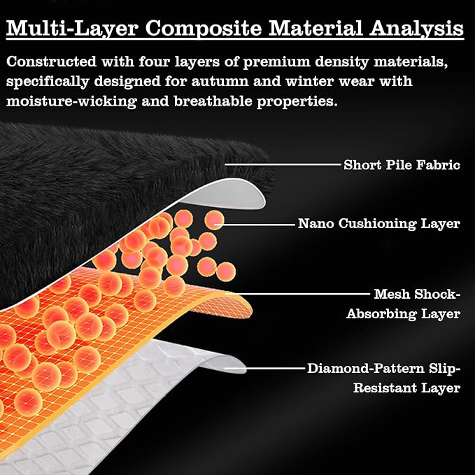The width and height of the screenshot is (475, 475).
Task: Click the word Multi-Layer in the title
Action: click(72, 28)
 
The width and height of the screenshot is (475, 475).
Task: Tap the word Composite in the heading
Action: click(204, 29)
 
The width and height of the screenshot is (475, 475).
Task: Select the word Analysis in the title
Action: click(416, 29)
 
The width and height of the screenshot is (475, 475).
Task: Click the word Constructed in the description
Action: click(51, 62)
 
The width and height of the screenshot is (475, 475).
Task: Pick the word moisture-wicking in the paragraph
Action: click(71, 101)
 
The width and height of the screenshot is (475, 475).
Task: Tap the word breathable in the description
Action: click(213, 101)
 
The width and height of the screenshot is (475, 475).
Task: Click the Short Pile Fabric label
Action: click(402, 165)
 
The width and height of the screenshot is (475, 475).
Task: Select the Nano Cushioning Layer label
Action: click(379, 224)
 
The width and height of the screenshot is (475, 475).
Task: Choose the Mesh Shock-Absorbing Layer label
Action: click(404, 304)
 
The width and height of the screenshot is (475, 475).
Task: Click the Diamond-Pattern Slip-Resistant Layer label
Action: click(384, 378)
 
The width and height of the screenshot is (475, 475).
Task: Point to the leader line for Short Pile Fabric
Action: click(283, 164)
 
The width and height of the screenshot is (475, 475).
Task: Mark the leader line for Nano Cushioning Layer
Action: click(255, 225)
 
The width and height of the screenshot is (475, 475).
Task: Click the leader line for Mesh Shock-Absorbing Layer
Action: click(297, 294)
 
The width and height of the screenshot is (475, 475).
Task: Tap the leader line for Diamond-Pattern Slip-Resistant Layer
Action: click(264, 369)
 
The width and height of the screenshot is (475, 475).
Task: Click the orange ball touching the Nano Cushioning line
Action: click(214, 220)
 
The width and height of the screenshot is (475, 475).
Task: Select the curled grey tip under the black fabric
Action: click(230, 194)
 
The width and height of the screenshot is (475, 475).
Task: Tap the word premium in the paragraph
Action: click(276, 62)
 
